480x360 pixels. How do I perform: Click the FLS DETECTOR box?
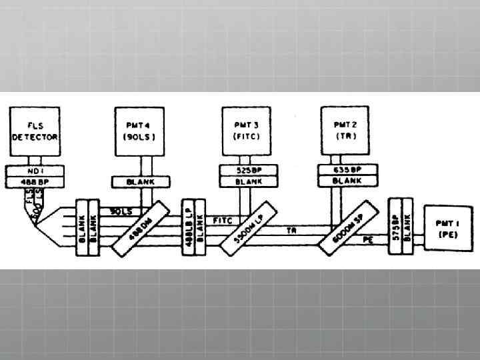pyautogui.click(x=35, y=131)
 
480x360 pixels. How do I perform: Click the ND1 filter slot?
pyautogui.click(x=35, y=170)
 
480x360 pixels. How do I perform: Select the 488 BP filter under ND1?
pyautogui.click(x=35, y=181)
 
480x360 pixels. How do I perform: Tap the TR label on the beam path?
pyautogui.click(x=291, y=230)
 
